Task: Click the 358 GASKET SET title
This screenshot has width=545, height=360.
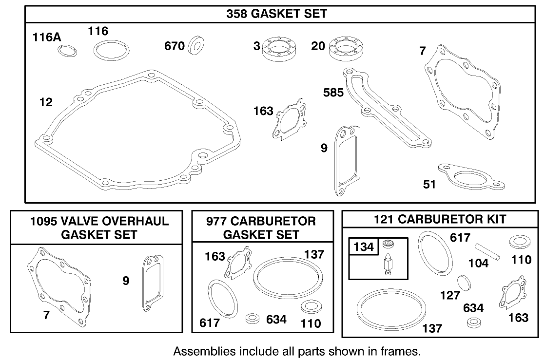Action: (276, 14)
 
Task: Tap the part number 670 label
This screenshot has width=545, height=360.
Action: (174, 46)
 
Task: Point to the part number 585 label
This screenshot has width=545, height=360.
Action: (334, 92)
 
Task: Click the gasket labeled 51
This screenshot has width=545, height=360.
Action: (470, 177)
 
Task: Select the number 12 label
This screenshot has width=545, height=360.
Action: (46, 102)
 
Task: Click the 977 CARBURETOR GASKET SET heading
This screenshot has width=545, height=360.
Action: (262, 227)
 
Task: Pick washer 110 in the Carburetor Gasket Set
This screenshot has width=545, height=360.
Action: (309, 307)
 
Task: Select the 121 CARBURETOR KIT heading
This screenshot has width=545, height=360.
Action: (440, 220)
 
